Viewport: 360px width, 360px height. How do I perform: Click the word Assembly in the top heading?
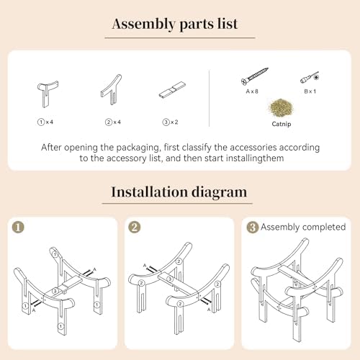point(143,24)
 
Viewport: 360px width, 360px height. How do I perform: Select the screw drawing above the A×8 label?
point(255,76)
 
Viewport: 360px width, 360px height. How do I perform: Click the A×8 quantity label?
point(252,91)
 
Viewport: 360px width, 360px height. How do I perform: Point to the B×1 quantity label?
point(310,91)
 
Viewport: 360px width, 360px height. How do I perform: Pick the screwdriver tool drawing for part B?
point(310,78)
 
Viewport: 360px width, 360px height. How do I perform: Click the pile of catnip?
point(282,108)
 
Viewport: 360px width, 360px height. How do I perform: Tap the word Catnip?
point(282,124)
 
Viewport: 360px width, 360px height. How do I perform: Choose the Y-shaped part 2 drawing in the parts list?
point(111,89)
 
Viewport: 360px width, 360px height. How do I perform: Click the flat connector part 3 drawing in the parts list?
point(173,90)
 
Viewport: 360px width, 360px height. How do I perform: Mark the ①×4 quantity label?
point(45,122)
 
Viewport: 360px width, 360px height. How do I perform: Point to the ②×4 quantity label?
point(113,122)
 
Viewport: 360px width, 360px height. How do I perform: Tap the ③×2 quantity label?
point(170,122)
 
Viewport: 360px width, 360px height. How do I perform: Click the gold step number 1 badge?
point(18,227)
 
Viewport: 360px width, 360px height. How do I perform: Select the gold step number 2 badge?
point(135,227)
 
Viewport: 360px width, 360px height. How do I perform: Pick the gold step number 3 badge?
point(253,228)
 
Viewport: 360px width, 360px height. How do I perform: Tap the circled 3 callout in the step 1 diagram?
point(55,291)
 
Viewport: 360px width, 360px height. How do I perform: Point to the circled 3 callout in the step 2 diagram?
point(170,279)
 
